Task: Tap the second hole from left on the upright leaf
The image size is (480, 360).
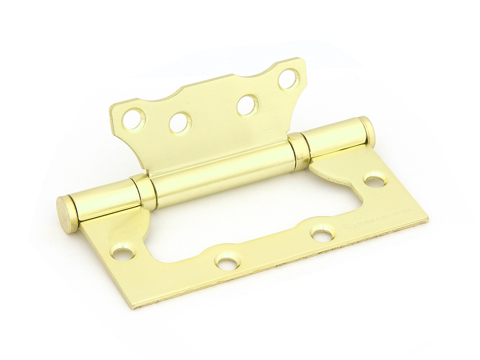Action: [180, 123]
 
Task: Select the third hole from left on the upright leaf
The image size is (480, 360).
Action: [248, 106]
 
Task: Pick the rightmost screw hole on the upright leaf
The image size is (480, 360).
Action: [288, 79]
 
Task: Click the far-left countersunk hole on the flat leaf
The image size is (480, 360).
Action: [123, 252]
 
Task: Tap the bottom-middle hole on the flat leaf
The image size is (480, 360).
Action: [227, 262]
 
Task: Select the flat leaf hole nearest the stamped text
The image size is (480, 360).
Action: [322, 234]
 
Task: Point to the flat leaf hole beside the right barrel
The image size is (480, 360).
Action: [375, 180]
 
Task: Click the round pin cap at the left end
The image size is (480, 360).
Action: [67, 215]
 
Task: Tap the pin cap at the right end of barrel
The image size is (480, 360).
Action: [368, 132]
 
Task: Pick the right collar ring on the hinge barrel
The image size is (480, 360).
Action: [300, 151]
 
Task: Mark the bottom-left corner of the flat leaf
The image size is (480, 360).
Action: [133, 306]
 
